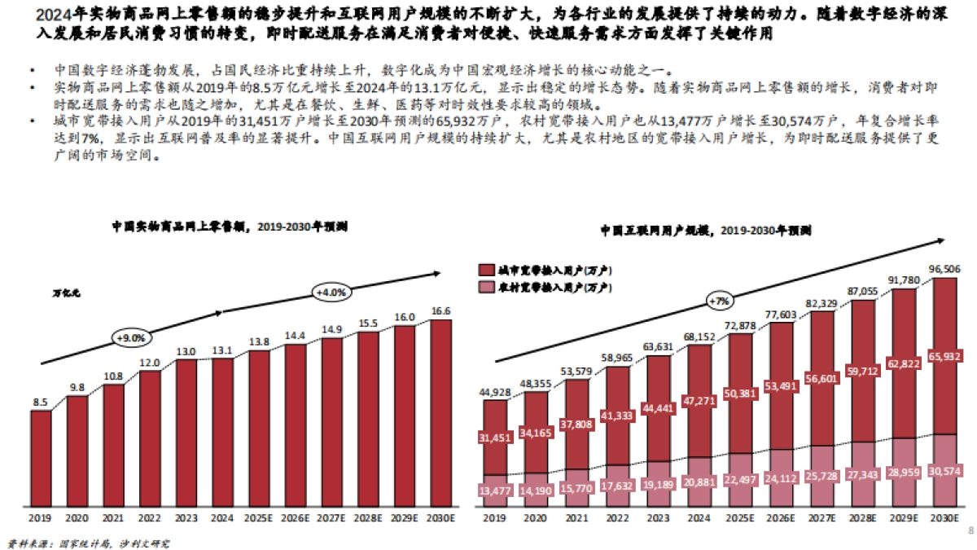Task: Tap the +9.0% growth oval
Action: point(130,337)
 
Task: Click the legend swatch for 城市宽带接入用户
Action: point(487,270)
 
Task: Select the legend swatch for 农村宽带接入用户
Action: point(487,288)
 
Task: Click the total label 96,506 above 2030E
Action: point(944,268)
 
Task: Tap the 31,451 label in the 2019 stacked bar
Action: point(493,438)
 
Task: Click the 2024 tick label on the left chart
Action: point(222,517)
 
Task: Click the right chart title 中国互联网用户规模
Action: point(659,231)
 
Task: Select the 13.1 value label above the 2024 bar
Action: point(222,350)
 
